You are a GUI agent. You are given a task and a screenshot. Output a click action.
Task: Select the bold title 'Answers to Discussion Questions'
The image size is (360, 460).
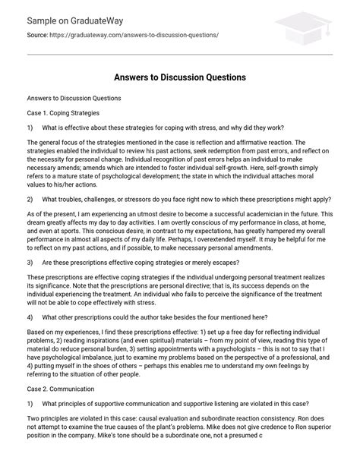pos(179,76)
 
